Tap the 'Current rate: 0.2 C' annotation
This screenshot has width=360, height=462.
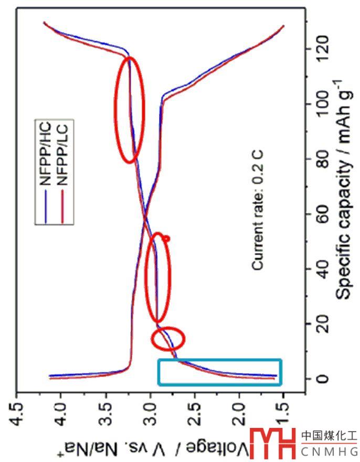257,211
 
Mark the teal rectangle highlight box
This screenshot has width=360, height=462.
220,372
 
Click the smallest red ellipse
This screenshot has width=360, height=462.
167,338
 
